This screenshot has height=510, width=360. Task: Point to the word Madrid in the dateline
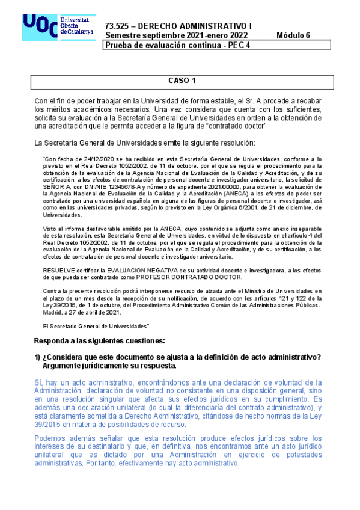(x=52, y=312)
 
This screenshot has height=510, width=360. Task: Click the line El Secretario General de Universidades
(x=96, y=325)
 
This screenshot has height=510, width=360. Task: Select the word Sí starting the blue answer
(x=38, y=382)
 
